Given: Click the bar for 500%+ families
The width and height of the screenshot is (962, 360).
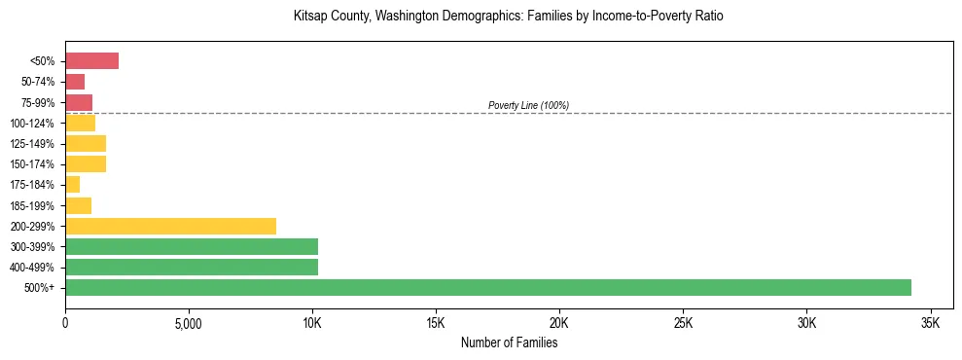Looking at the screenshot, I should (487, 287).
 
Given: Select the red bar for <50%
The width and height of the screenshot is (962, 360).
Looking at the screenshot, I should (91, 61).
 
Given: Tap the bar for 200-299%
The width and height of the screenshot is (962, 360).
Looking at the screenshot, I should (170, 226).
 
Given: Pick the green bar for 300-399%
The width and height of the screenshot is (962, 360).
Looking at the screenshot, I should (192, 246).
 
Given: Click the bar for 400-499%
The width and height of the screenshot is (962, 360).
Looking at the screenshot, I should (192, 267).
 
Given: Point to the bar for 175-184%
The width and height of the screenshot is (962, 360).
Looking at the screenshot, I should (72, 185).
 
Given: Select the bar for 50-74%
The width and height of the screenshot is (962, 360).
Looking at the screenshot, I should (75, 82).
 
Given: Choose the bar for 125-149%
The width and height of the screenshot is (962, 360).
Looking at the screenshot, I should (86, 144).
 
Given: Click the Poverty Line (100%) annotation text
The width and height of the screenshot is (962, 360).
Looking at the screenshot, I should (528, 105).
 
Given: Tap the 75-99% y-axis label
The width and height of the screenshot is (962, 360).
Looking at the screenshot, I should (38, 103).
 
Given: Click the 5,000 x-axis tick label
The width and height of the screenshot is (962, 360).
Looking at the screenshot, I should (188, 323).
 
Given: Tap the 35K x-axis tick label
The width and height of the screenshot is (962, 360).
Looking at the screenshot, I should (930, 323).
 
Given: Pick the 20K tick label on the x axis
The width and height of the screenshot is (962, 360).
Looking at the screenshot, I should (559, 323).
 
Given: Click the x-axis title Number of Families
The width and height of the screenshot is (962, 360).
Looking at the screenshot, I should (509, 342).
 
